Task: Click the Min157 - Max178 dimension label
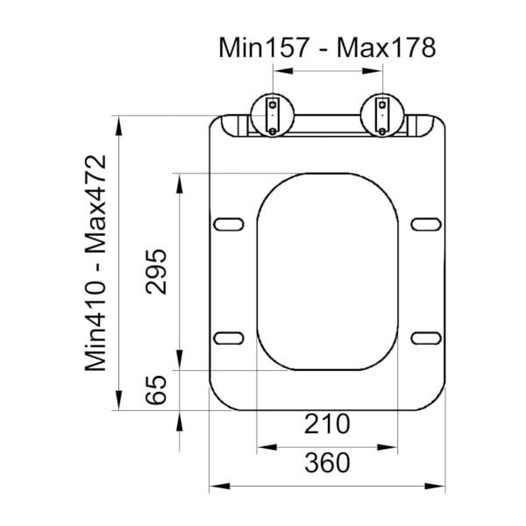[x=326, y=46]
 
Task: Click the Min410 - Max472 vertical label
[x=98, y=263]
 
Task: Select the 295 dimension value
[x=156, y=272]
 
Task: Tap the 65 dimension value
[x=156, y=389]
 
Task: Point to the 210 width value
[x=326, y=424]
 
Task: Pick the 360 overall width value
[x=326, y=462]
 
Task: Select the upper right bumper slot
[x=425, y=223]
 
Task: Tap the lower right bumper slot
[x=425, y=337]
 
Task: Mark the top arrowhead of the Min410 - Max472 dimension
[x=118, y=119]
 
